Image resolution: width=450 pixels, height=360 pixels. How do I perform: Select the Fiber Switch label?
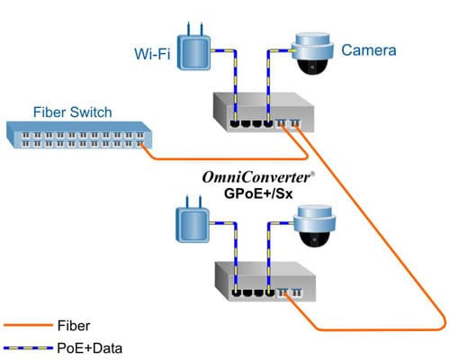click(72, 112)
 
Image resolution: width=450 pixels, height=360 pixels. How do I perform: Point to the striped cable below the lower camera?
click(270, 261)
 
